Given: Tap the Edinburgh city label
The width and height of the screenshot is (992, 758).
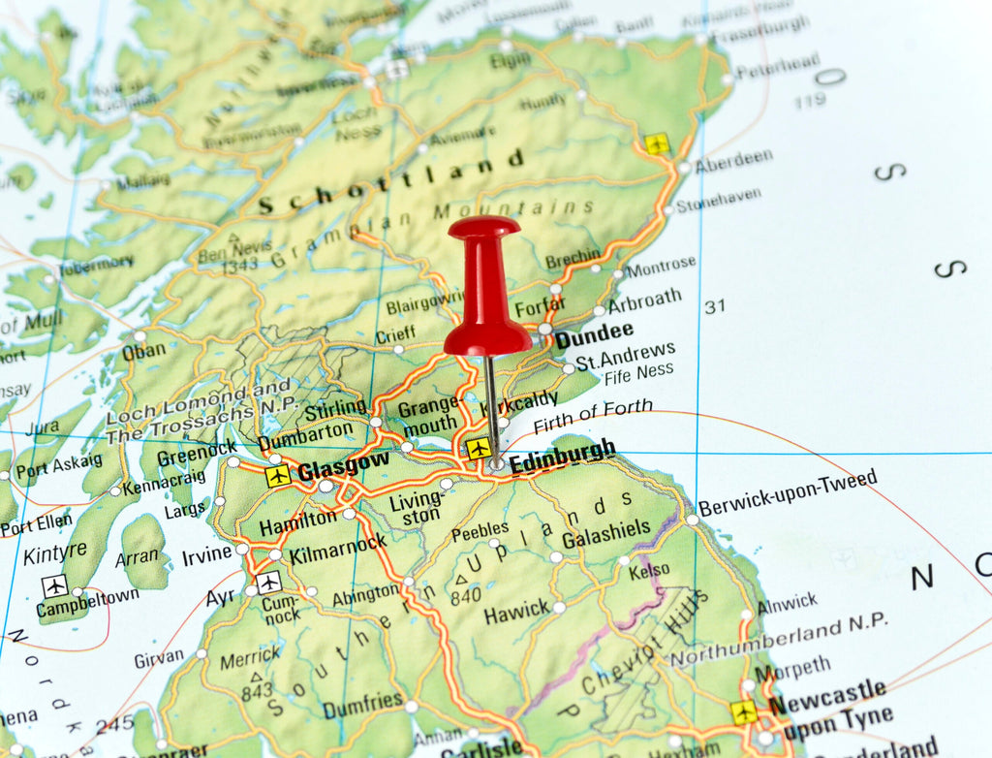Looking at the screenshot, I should pos(563,456).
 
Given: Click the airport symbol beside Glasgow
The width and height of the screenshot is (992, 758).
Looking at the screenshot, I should pos(278,476).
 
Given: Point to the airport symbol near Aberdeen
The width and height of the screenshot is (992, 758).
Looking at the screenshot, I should pos(658,144).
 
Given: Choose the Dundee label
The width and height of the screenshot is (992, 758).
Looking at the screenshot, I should pos(594,335).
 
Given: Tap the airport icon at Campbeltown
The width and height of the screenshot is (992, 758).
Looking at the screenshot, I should pos(55,586).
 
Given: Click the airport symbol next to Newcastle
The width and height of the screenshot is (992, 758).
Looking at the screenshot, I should pos(744,712).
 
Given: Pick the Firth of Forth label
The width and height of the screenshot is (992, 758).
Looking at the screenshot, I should pos(593,415).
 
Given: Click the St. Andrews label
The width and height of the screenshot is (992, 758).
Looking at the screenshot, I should pos(625,357).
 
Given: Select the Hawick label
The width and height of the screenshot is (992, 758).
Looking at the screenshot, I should pos(516,615).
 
